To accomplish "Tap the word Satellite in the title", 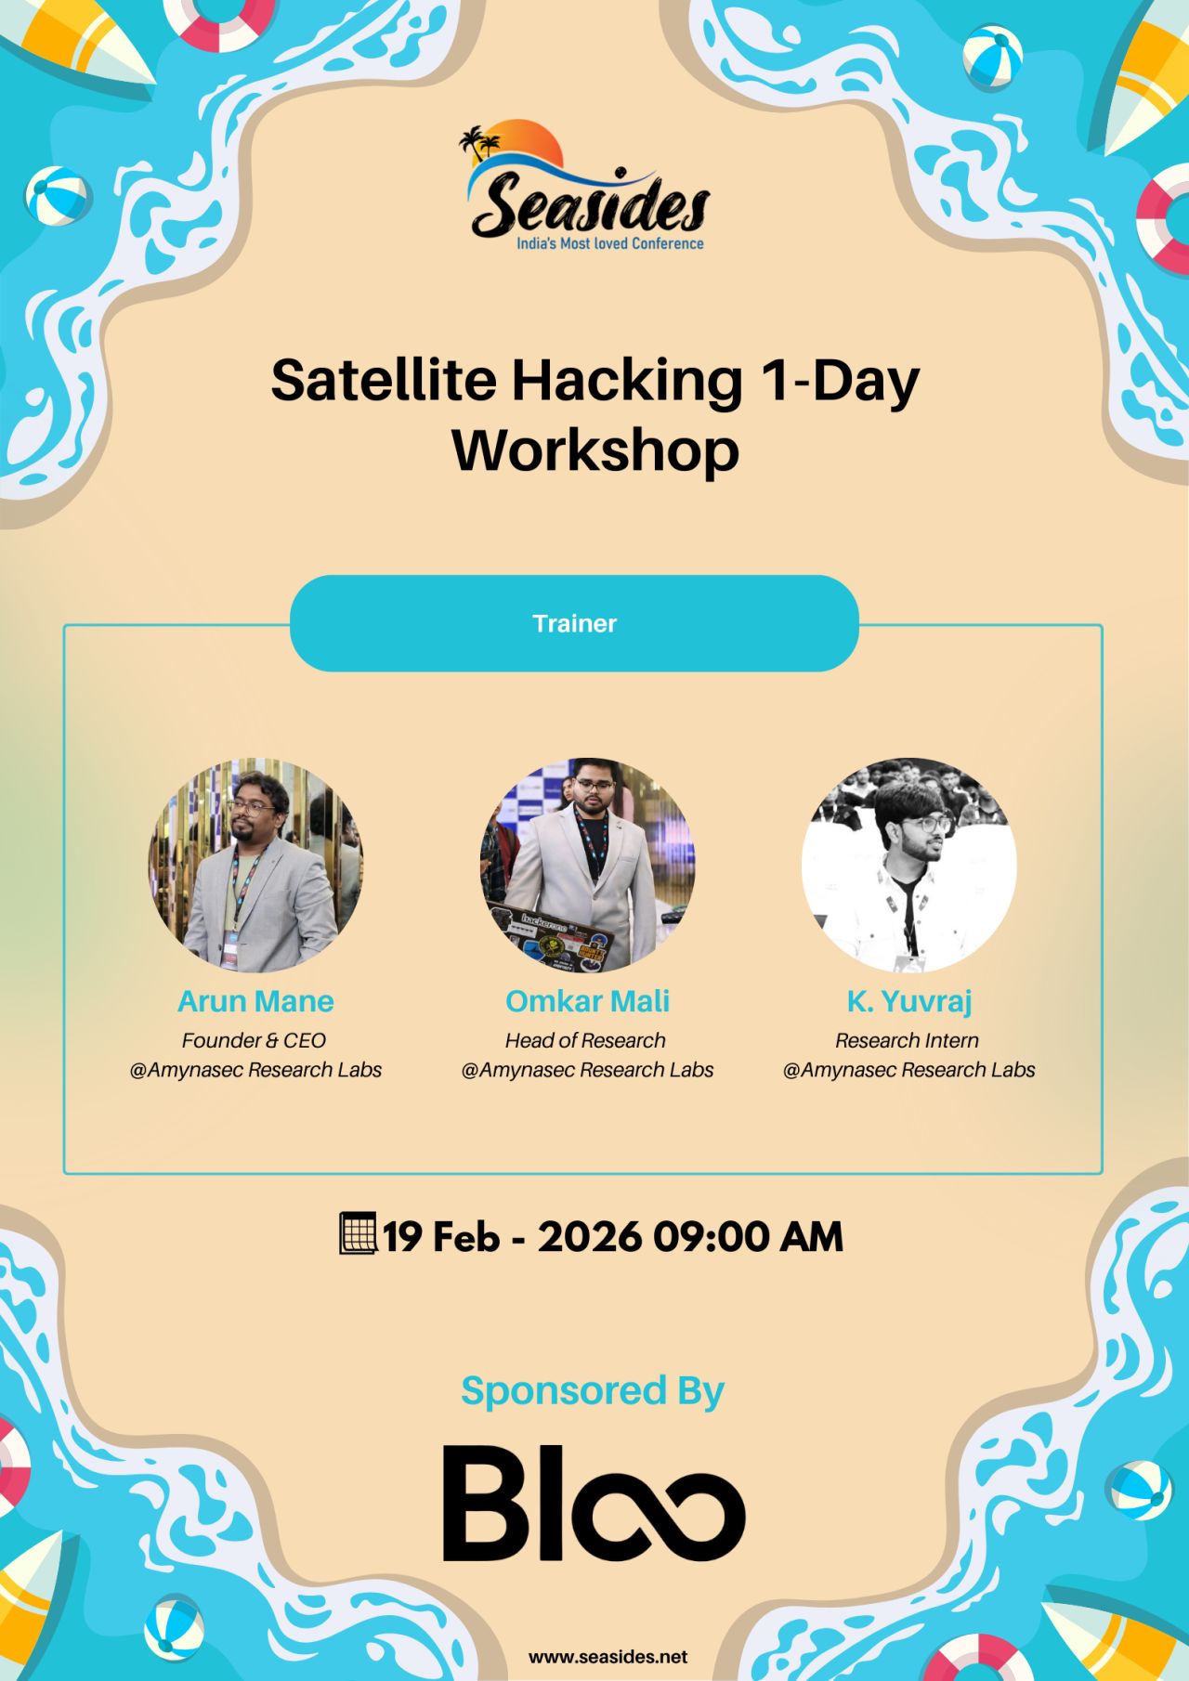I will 383,380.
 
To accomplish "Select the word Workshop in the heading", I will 595,450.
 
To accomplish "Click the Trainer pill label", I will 574,623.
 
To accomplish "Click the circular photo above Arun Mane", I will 255,865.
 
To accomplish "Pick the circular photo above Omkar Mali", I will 587,865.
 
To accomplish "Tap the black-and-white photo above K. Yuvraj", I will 908,865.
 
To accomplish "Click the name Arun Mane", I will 255,1001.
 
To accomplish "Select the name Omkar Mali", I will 587,1001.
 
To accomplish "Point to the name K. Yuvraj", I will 908,1001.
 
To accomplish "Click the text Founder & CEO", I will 254,1040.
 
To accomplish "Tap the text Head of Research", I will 585,1040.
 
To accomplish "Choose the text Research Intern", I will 907,1040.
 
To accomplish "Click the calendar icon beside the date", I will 358,1233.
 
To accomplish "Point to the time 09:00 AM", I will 747,1237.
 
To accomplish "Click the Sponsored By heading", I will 592,1390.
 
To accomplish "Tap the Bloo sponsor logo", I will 594,1503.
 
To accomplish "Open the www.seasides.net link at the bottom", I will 608,1657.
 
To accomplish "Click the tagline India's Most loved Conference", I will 609,243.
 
